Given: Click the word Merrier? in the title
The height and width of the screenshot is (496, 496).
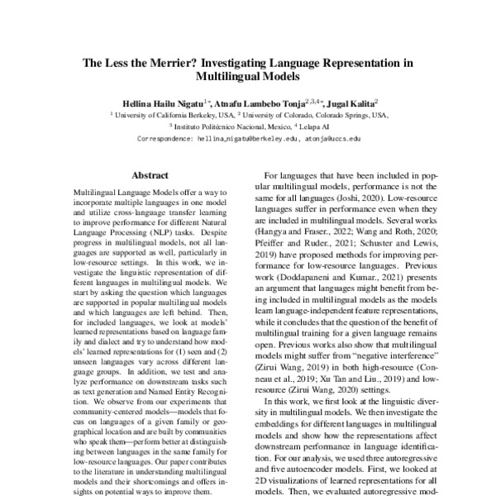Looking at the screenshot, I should [x=181, y=62].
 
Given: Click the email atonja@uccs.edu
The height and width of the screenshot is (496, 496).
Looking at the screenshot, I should [x=334, y=140].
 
